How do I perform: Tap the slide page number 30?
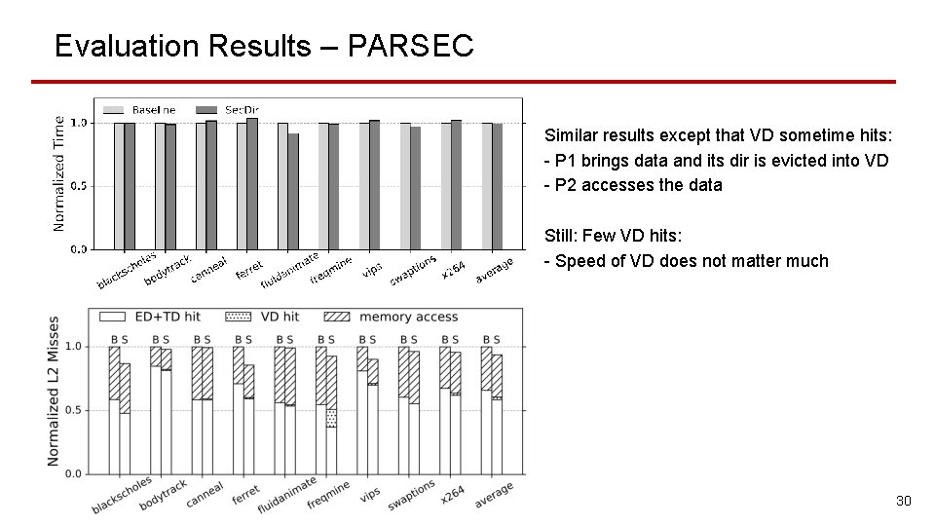pyautogui.click(x=903, y=501)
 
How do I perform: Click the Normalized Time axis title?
pyautogui.click(x=58, y=173)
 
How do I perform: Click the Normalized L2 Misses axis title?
pyautogui.click(x=54, y=390)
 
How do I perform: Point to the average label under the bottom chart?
pyautogui.click(x=494, y=496)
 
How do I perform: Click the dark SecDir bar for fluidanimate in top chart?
pyautogui.click(x=293, y=191)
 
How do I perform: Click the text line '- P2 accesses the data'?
pyautogui.click(x=633, y=185)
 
